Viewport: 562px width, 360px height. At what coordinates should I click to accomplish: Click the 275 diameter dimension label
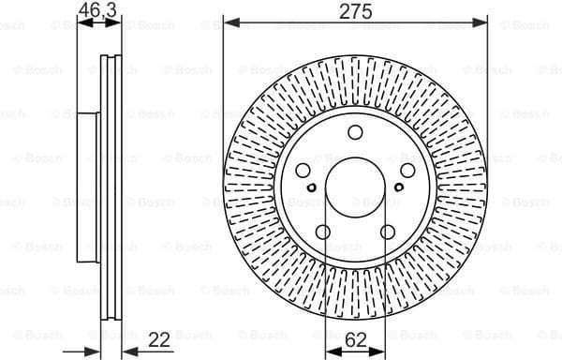click(356, 11)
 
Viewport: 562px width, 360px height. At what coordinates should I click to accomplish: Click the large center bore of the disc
click(356, 185)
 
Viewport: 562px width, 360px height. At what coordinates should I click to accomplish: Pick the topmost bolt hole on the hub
click(356, 132)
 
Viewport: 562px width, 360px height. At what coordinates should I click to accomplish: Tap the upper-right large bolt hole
click(407, 170)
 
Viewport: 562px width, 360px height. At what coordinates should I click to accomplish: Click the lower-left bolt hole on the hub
click(324, 232)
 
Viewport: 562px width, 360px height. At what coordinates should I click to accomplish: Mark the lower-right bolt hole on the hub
click(388, 232)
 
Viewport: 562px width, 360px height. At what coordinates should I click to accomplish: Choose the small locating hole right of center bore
click(398, 187)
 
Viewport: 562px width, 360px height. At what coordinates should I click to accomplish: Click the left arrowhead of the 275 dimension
click(229, 21)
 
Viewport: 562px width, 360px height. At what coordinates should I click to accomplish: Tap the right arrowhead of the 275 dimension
click(483, 21)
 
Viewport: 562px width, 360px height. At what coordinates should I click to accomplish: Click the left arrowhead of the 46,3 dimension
click(80, 22)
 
